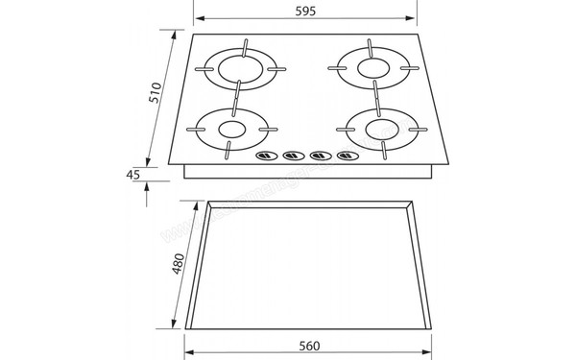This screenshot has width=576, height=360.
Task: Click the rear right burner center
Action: point(371,66)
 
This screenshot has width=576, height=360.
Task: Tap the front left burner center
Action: point(230,128)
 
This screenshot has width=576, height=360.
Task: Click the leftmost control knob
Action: point(263,156)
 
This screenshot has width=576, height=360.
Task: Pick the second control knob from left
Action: point(289,156)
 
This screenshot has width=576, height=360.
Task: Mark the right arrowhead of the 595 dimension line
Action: point(416,18)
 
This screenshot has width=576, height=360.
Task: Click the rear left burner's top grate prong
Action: point(246,45)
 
